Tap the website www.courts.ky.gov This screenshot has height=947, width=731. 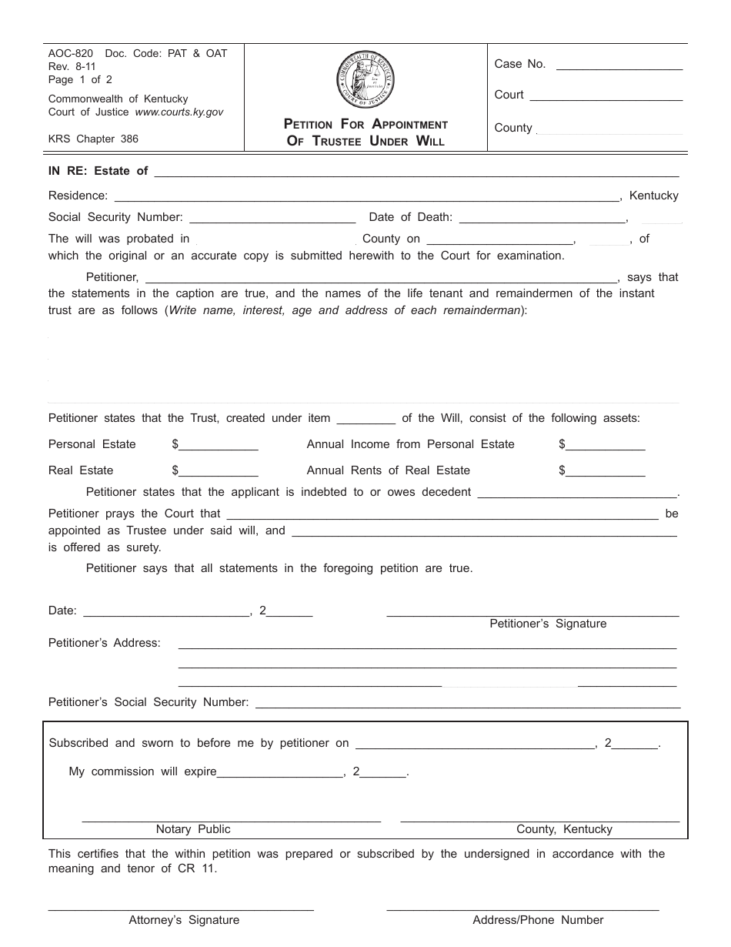point(179,112)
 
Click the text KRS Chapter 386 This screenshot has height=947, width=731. point(93,139)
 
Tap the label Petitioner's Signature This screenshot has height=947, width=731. point(548,624)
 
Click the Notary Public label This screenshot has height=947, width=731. point(193,829)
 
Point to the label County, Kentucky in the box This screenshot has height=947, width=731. point(564,829)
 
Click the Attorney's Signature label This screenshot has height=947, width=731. point(184,920)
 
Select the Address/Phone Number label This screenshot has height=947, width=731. point(538,920)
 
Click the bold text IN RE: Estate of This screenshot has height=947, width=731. point(98,171)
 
